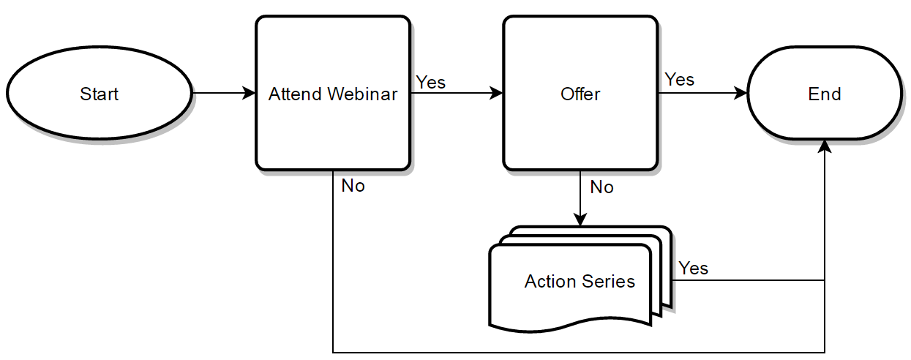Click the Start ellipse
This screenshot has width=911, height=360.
(99, 93)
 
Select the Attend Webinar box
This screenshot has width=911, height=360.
(333, 93)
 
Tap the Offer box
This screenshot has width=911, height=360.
(580, 93)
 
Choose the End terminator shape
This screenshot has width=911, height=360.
(825, 93)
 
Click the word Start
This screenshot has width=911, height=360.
(99, 94)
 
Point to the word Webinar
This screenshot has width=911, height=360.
(362, 94)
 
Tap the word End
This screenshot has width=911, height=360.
(825, 94)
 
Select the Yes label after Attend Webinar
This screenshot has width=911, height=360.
(431, 82)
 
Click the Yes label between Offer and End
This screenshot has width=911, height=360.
(679, 79)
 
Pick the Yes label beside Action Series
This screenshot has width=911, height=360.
(694, 268)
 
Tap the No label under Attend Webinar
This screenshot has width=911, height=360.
(353, 186)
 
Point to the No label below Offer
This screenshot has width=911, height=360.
(602, 187)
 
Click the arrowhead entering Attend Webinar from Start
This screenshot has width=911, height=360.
(249, 93)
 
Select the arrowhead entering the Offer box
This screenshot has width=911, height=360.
(496, 93)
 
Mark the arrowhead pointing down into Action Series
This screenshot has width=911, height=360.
(580, 220)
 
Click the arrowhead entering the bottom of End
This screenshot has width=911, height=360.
(825, 147)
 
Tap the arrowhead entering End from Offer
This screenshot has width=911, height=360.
(741, 93)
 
